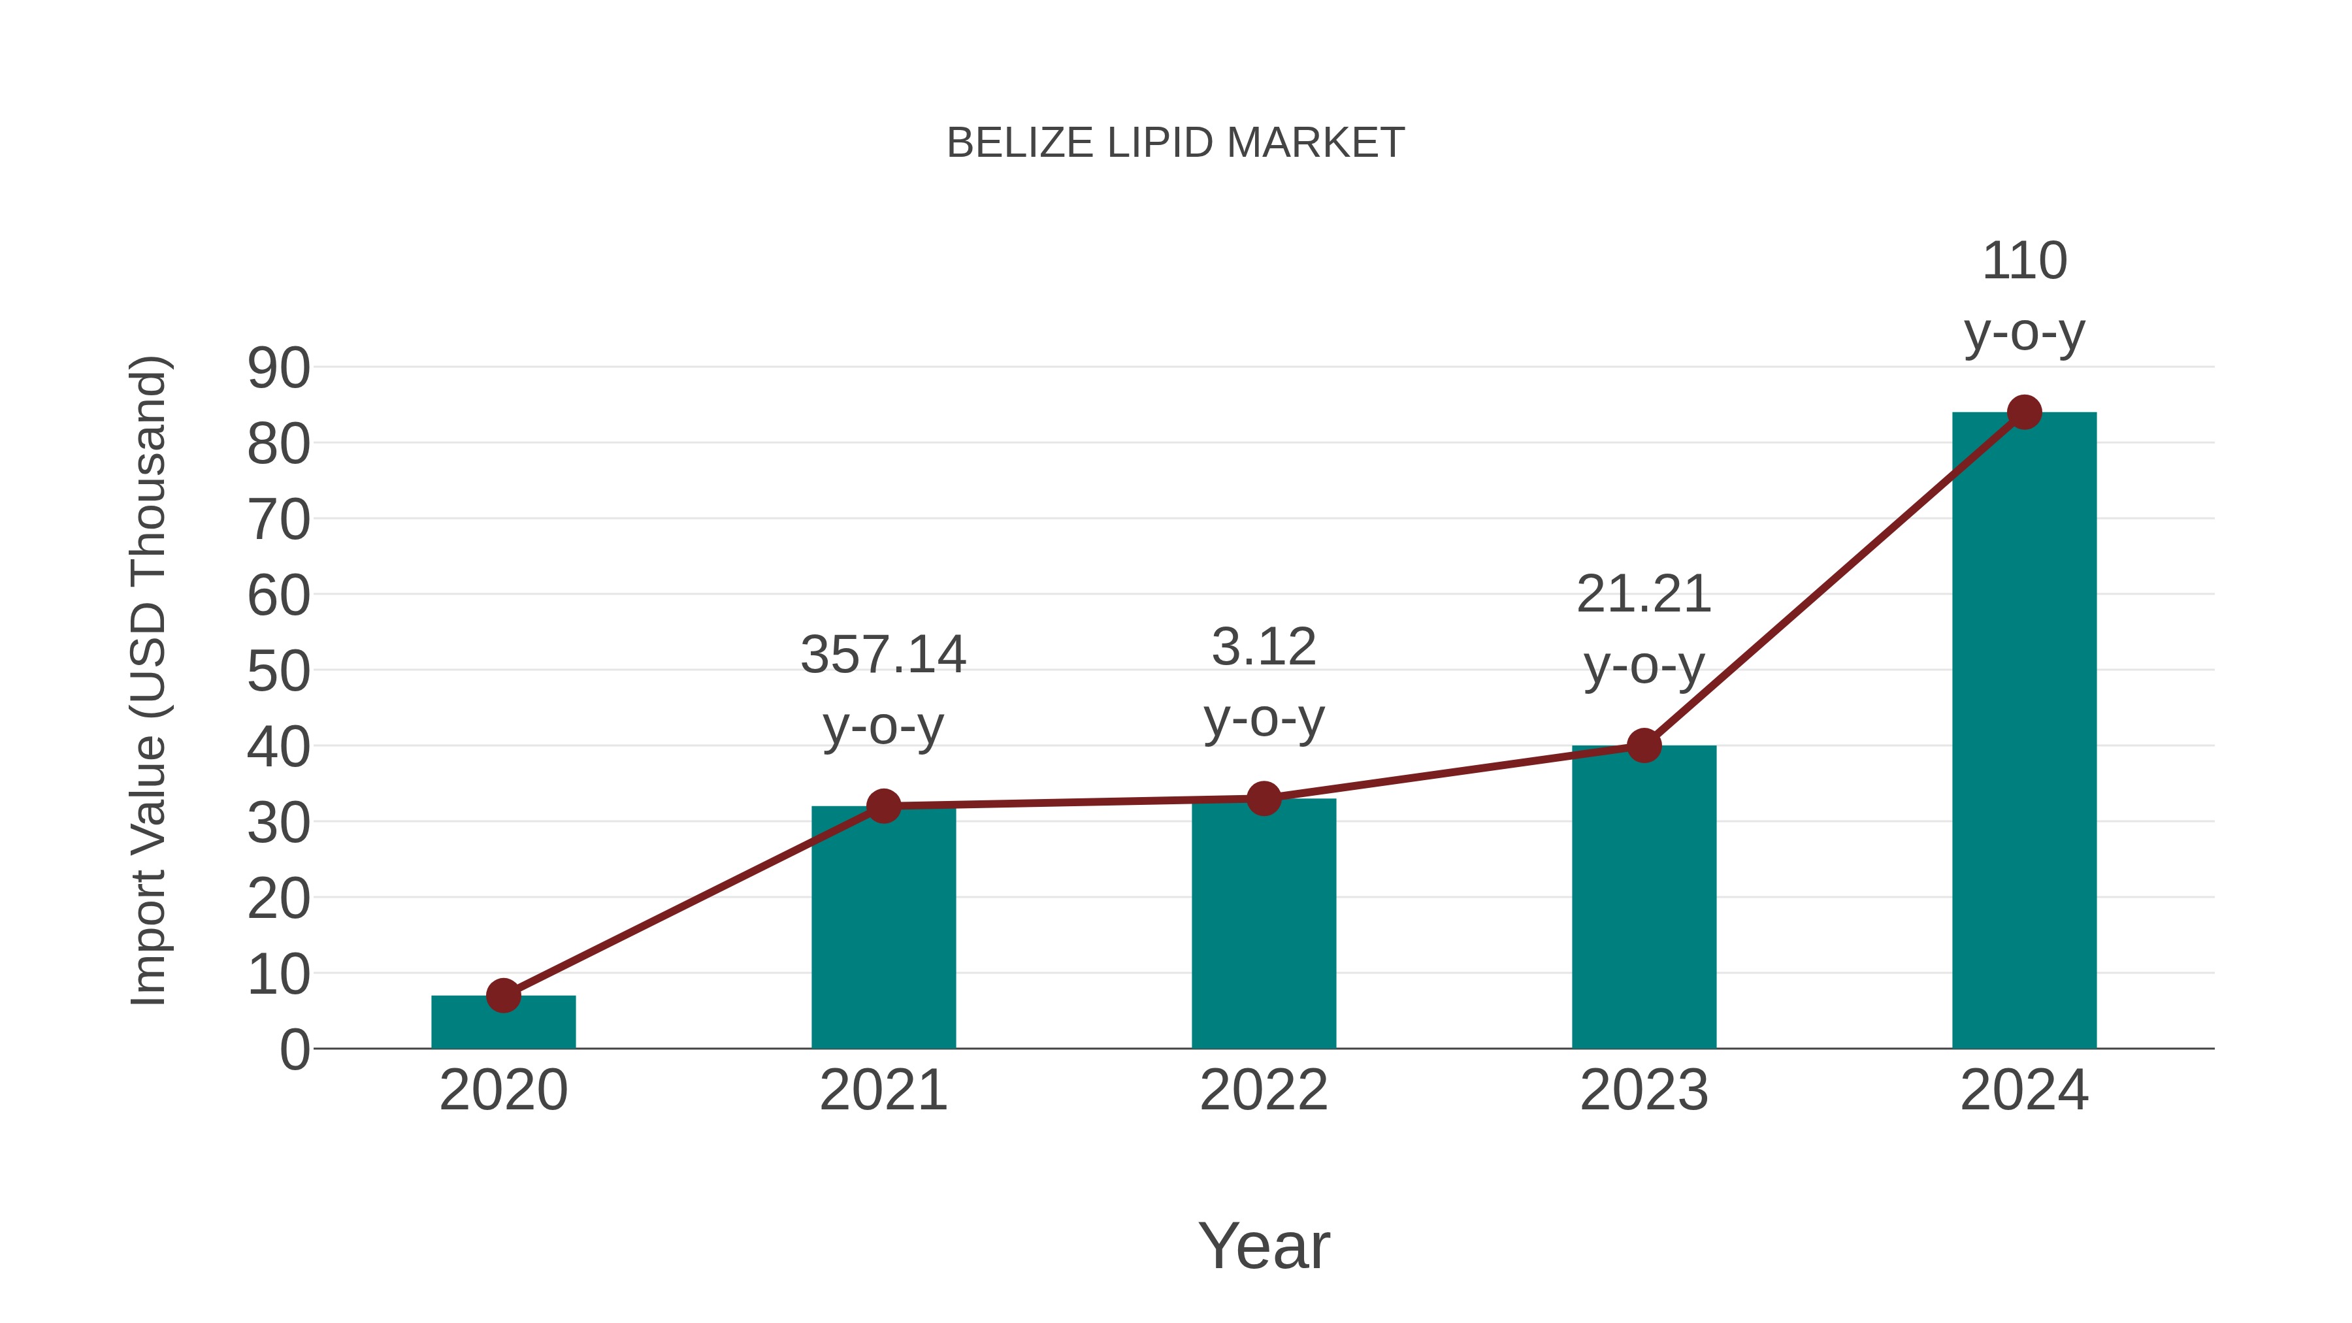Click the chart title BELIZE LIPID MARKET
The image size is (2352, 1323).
(1175, 143)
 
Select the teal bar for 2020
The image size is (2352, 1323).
(503, 1024)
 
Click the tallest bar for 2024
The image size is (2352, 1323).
(2024, 730)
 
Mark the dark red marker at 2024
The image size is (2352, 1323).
(2024, 413)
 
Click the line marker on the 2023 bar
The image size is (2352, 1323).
(1644, 746)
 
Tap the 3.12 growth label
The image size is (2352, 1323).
(1264, 647)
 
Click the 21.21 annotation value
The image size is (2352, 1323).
(1644, 595)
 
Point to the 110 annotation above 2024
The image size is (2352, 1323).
(2024, 261)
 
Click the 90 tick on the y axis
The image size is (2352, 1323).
(278, 369)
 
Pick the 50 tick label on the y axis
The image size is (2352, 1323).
(278, 672)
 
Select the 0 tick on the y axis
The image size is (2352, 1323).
(295, 1050)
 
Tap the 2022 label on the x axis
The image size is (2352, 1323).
(1264, 1090)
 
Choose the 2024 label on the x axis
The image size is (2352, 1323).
(2024, 1090)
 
